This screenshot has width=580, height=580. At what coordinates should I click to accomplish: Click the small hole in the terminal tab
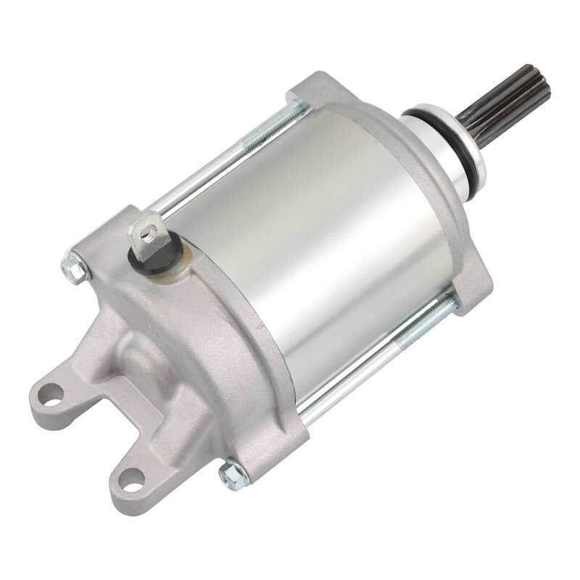[x=149, y=233]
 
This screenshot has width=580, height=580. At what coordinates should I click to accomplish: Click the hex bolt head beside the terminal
[x=75, y=268]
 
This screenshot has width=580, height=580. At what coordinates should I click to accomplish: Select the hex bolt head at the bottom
[x=233, y=475]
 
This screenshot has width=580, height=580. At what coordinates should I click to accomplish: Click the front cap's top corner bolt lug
[x=308, y=87]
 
